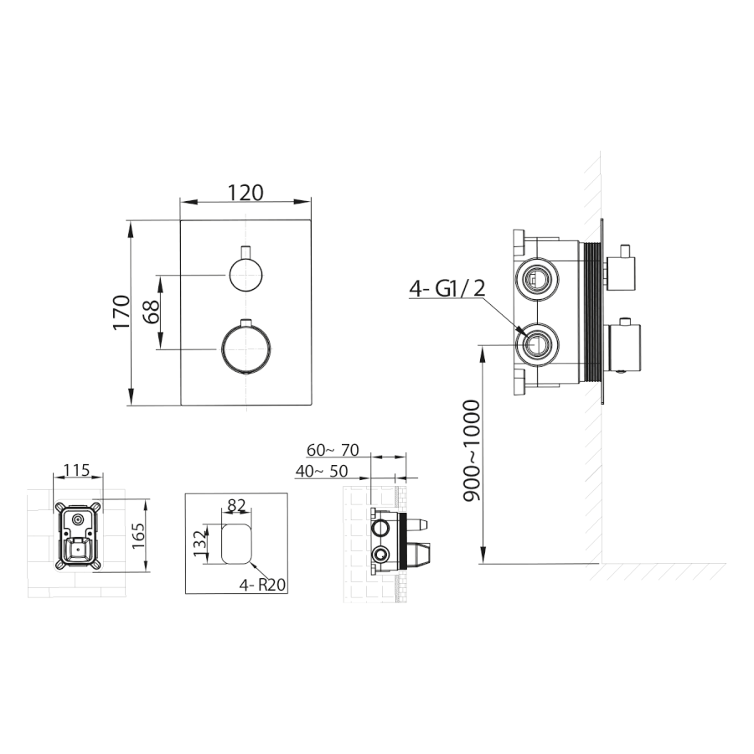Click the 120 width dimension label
[x=245, y=193]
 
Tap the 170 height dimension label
[x=122, y=312]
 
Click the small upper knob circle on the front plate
[x=245, y=275]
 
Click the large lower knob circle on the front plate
[x=245, y=347]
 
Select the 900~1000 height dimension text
[x=472, y=451]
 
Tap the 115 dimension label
[x=77, y=470]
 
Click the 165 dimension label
[x=138, y=535]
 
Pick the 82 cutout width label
[x=236, y=506]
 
